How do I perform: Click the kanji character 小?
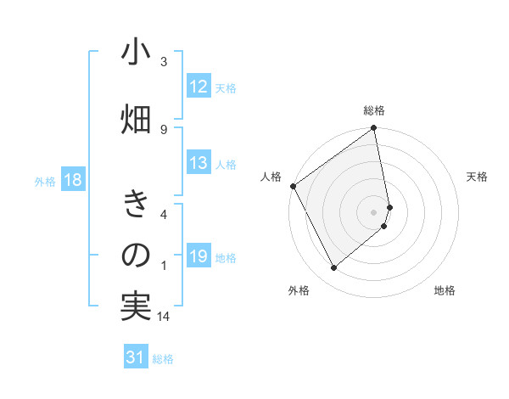point(136,53)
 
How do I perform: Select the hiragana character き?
point(136,205)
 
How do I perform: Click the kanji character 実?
point(136,306)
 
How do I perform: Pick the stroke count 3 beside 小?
point(164,62)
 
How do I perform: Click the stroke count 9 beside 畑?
point(164,129)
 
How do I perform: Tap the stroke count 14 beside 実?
point(165,317)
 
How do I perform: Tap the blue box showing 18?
point(72,180)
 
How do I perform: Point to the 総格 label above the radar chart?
point(374,110)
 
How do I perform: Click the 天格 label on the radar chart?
point(477,177)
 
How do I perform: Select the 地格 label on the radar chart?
point(445,290)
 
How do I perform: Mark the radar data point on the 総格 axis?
point(374,129)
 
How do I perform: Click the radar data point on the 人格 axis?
point(294,186)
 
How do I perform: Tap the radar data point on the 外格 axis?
point(334,268)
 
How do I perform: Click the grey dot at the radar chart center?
point(374,211)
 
